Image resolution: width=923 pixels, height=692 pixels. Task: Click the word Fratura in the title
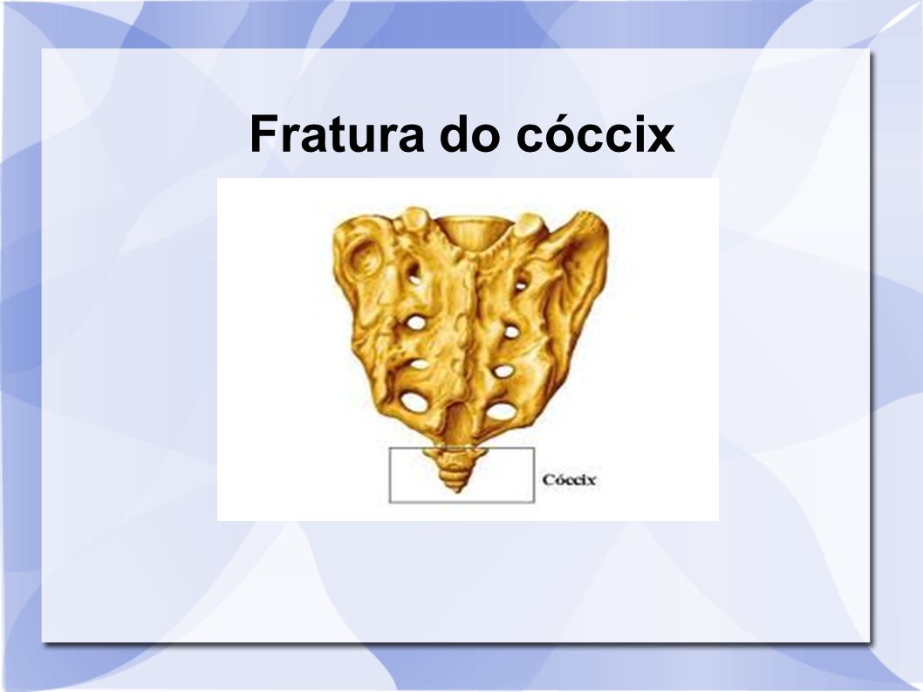point(337,134)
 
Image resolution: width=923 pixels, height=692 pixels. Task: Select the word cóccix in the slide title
point(595,134)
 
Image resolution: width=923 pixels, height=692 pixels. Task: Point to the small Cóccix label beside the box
point(569,480)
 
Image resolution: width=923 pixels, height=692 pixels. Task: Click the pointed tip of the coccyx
point(456,490)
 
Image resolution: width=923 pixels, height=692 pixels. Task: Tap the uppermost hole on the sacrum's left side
point(414,274)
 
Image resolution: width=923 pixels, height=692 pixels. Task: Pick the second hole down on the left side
point(416,323)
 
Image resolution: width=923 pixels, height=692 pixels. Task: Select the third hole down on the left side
point(419,365)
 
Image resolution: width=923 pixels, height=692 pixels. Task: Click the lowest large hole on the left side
point(414,401)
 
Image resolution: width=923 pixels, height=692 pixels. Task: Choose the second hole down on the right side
point(511,332)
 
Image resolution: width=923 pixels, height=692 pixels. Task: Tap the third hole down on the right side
point(504,372)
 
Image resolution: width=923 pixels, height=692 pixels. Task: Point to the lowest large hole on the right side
point(501,410)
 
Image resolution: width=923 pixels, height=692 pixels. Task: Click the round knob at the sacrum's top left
point(415,218)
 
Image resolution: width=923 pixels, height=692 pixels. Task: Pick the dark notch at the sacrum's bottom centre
point(460,421)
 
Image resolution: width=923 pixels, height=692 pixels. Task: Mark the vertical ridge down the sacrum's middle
point(469,330)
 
